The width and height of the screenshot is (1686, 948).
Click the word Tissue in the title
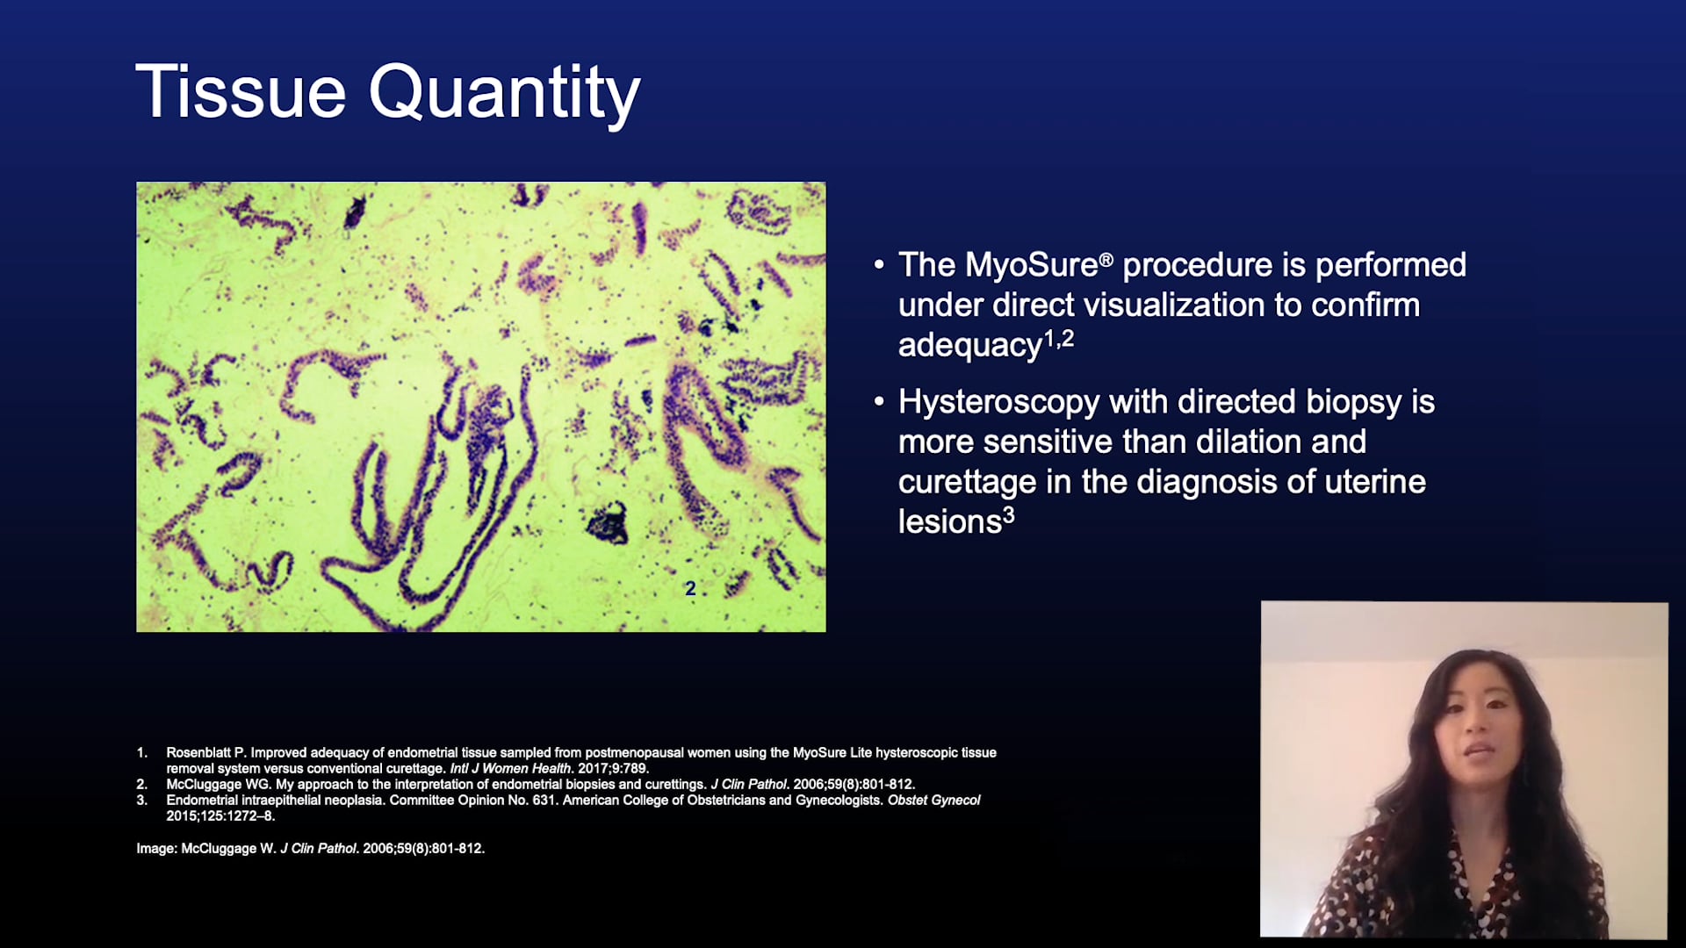(x=241, y=92)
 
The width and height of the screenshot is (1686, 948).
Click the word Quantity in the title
(x=504, y=94)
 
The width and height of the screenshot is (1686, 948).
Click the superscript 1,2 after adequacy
(x=1058, y=339)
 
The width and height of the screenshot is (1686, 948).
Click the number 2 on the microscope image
(x=690, y=589)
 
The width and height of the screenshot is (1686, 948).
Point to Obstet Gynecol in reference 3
(x=933, y=800)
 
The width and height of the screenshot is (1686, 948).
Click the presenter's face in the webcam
(x=1477, y=733)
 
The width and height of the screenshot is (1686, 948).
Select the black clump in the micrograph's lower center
(x=608, y=524)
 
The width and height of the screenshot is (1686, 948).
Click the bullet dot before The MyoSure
(x=879, y=264)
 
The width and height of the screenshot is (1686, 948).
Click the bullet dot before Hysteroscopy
(x=879, y=402)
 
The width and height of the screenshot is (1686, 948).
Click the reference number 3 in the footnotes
(x=141, y=800)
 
